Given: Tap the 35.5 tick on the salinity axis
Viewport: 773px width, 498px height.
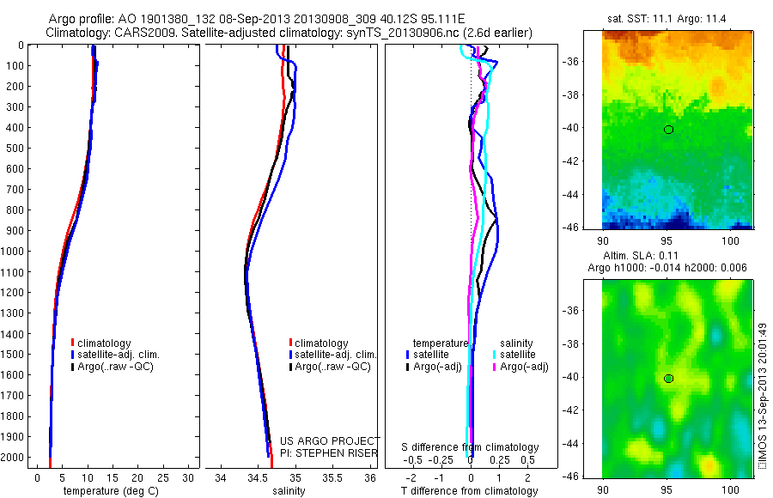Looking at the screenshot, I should click(x=332, y=477).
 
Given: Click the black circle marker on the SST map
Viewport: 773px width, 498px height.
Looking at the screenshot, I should click(x=668, y=130).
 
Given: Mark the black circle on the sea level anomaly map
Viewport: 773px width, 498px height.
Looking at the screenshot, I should click(x=668, y=379).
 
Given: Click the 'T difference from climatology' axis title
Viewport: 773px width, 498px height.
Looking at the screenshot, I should click(x=470, y=491).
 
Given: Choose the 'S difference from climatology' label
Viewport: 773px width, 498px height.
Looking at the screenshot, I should click(x=471, y=447).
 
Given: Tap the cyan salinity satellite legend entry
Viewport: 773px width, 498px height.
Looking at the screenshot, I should click(x=515, y=355).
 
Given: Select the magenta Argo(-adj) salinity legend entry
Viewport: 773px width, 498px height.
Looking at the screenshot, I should click(x=520, y=367).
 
